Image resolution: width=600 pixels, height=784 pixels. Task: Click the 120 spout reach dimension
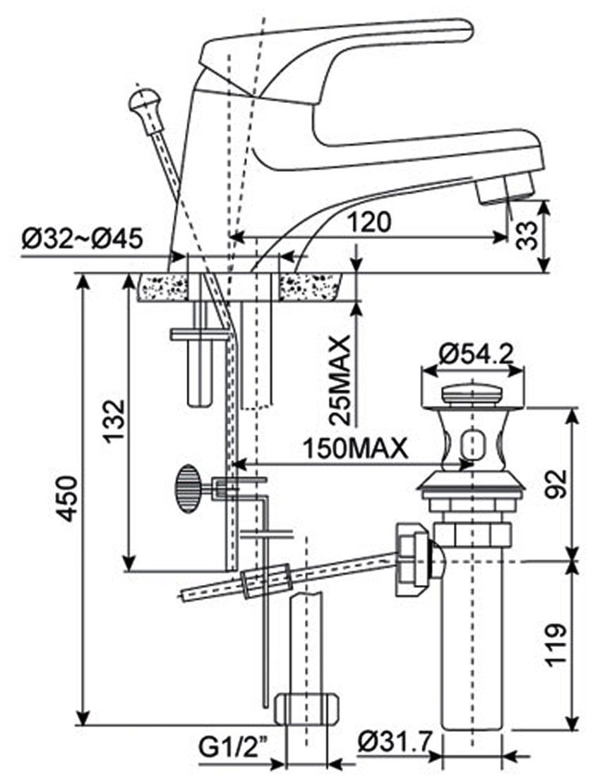coord(368,222)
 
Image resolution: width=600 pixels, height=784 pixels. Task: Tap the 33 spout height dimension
coord(524,236)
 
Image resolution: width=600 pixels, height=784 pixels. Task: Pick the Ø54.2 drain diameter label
coord(474,354)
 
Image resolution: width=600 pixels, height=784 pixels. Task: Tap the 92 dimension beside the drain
coord(556,484)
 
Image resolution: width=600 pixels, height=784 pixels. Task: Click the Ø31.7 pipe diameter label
coord(394,742)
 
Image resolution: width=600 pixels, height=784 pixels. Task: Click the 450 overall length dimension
coord(67,498)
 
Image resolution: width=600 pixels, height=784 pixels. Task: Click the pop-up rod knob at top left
coord(143,104)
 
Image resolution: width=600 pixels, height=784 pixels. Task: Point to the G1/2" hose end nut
coord(306,708)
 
